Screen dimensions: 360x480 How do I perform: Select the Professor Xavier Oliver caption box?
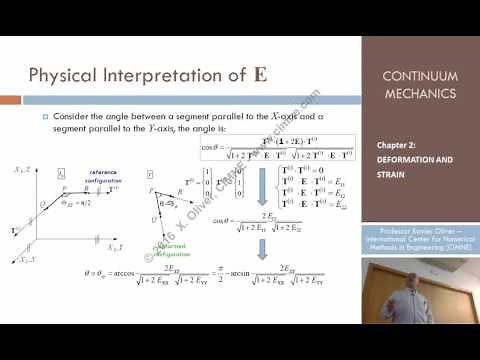[x=420, y=241]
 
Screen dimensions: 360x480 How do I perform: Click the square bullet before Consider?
[x=43, y=117]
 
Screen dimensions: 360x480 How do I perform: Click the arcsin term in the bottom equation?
[x=244, y=270]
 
